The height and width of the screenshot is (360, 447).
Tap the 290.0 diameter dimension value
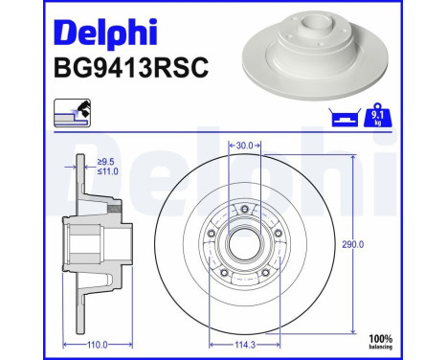353,244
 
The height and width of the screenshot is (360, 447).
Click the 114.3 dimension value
245,344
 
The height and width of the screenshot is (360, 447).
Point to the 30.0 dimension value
244,146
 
